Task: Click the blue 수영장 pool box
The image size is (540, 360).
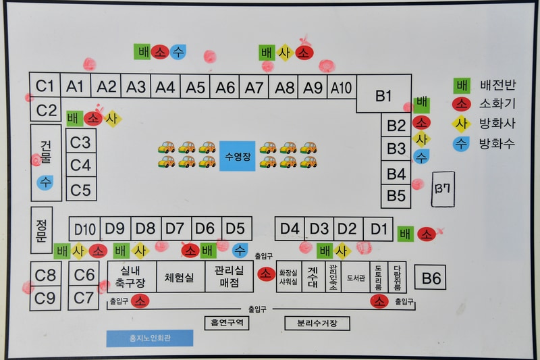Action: (237, 156)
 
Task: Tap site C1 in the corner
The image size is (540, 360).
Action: (45, 86)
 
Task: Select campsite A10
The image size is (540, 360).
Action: (341, 87)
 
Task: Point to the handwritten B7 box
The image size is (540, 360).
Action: (443, 189)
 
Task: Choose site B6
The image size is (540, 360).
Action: (432, 278)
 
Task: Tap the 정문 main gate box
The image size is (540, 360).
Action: (41, 230)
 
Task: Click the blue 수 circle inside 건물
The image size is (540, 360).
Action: (45, 182)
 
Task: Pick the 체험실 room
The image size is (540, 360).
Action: (180, 276)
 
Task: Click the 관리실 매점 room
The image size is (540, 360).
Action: (229, 276)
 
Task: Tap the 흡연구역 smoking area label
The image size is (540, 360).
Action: (227, 324)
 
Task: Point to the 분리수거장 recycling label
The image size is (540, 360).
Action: (317, 324)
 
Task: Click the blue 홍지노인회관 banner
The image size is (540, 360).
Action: (149, 338)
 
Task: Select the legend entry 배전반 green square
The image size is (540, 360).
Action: (462, 86)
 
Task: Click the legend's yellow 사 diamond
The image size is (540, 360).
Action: (462, 124)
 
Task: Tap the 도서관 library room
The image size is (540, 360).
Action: (356, 277)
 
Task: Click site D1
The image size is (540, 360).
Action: (380, 228)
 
